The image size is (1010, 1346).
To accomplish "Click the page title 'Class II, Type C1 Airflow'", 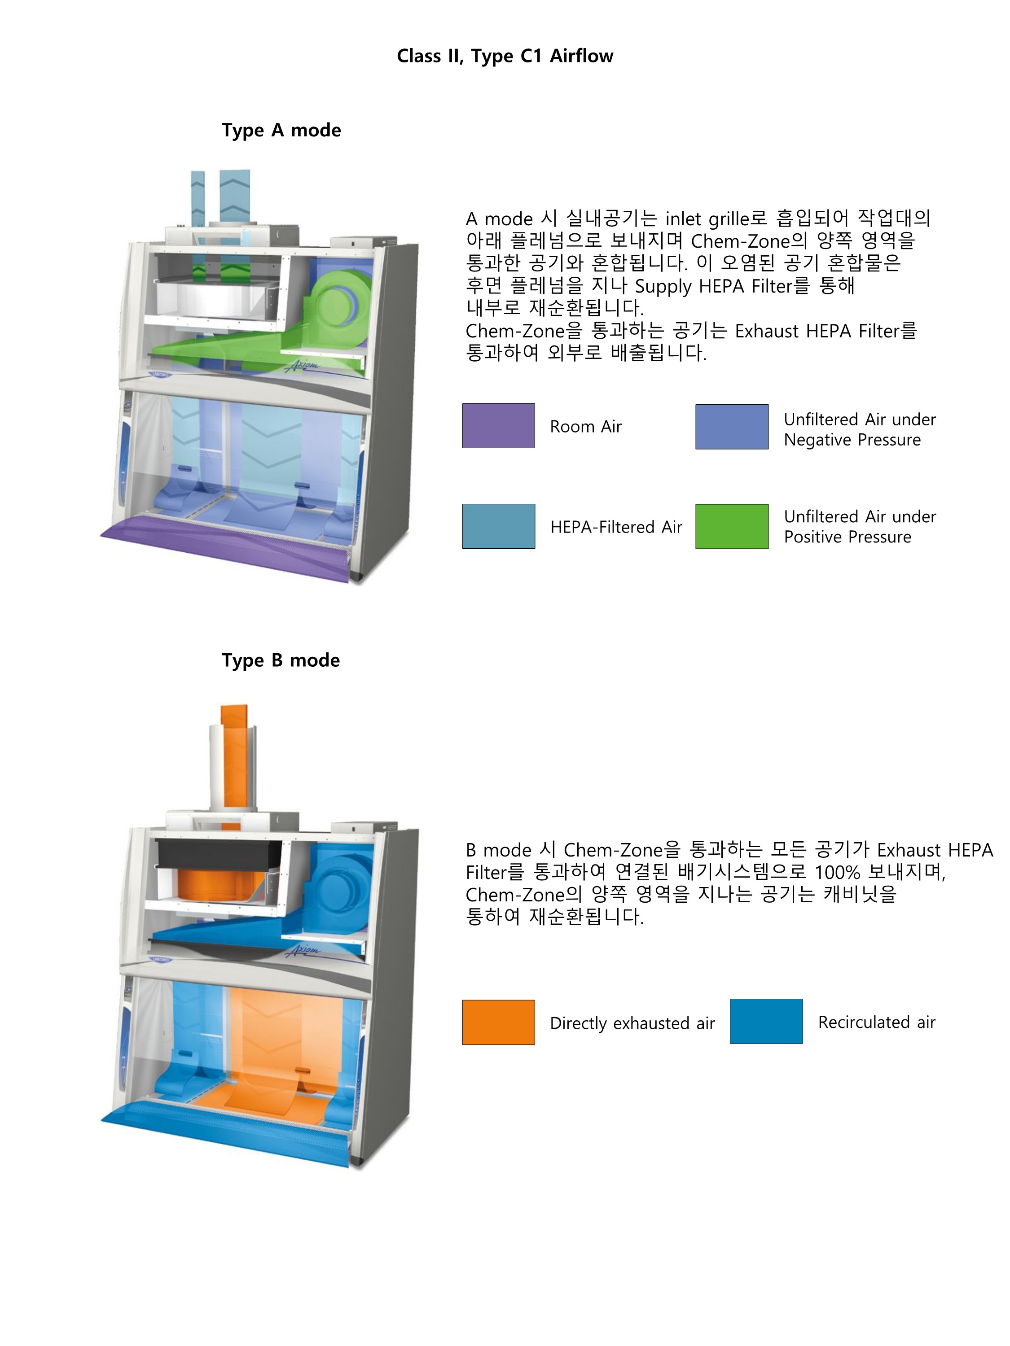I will pyautogui.click(x=505, y=56).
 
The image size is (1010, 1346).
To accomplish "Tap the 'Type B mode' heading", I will pyautogui.click(x=281, y=660).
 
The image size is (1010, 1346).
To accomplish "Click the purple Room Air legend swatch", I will pyautogui.click(x=498, y=426).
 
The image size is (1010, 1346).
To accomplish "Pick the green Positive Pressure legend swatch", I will pyautogui.click(x=731, y=526).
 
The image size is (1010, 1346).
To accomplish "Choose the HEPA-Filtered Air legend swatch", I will pyautogui.click(x=498, y=526).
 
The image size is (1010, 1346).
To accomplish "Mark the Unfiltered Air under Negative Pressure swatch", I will pyautogui.click(x=731, y=427).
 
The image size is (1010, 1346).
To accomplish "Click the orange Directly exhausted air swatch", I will pyautogui.click(x=498, y=1022).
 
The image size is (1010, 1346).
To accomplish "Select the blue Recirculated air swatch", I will pyautogui.click(x=766, y=1021).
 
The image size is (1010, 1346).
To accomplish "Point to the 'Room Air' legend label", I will pyautogui.click(x=586, y=427).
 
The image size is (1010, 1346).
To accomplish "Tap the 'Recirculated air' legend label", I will pyautogui.click(x=876, y=1022).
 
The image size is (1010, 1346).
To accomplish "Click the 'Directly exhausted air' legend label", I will pyautogui.click(x=632, y=1023).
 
